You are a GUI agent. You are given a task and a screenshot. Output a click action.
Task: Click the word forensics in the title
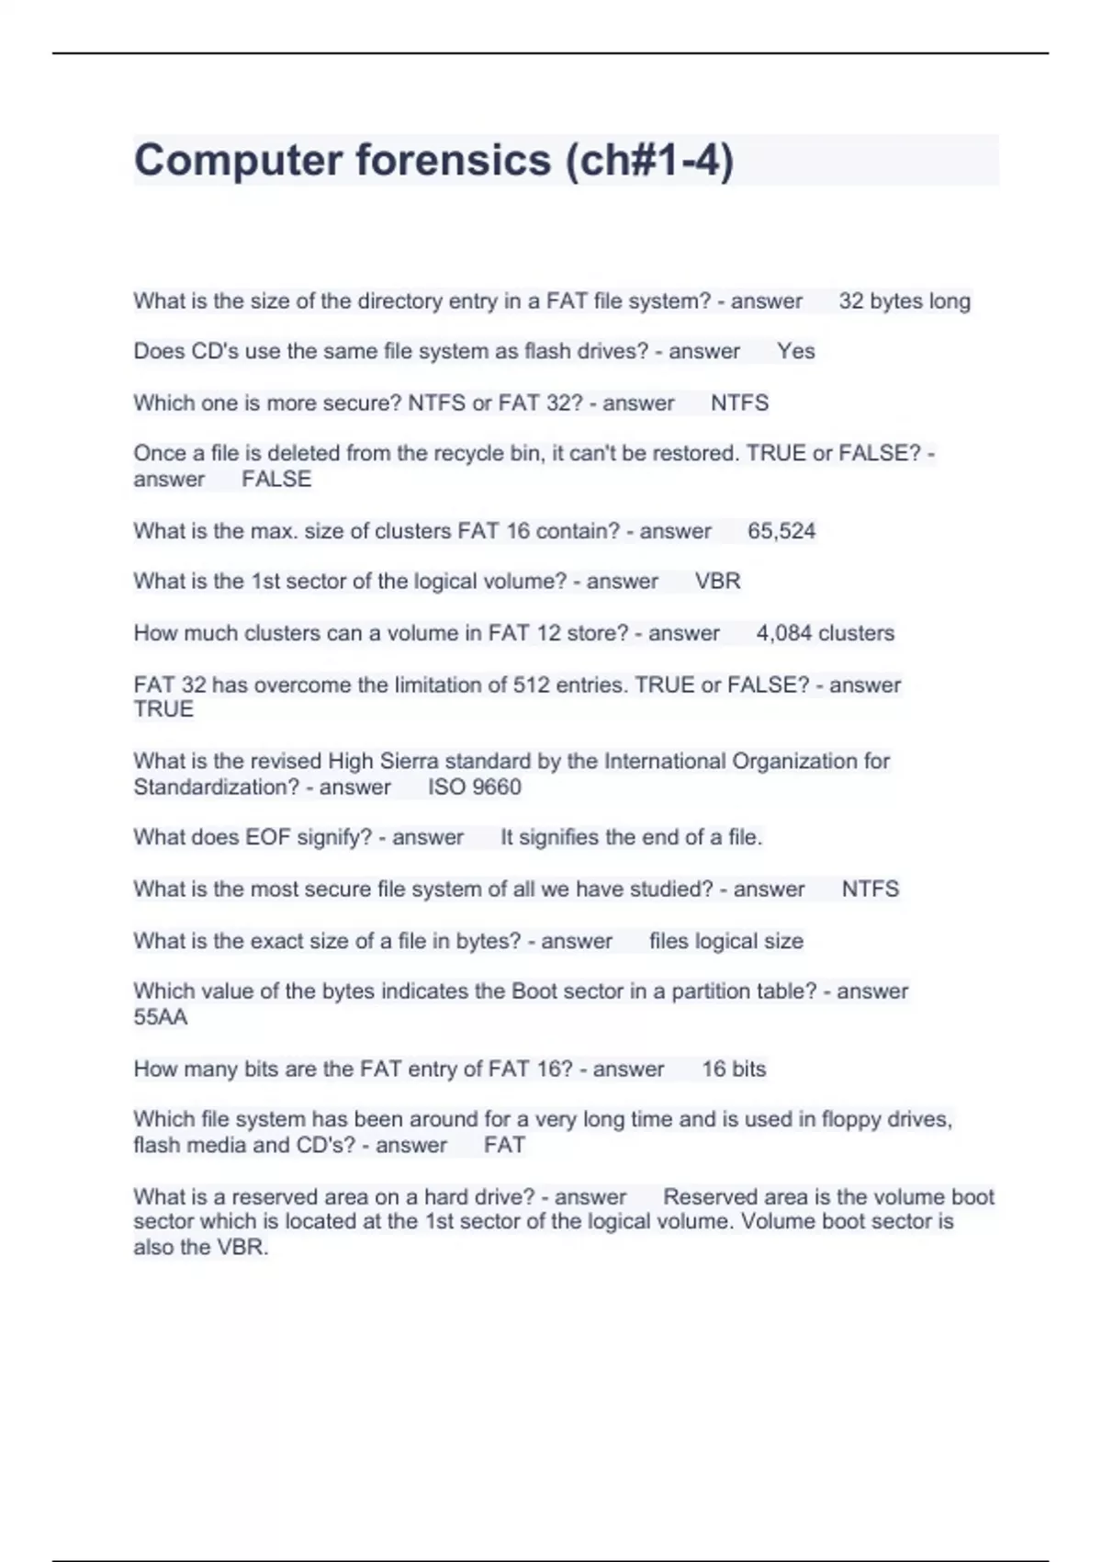453,161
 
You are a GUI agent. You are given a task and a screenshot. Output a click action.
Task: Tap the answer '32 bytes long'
904,301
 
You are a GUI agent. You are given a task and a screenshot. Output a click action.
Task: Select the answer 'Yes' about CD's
795,351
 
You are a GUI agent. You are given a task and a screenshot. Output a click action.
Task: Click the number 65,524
781,531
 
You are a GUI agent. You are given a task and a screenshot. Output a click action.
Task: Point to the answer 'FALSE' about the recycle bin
276,479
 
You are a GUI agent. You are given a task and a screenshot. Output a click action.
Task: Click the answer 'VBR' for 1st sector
717,582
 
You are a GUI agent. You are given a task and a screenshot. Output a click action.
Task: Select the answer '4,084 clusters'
825,633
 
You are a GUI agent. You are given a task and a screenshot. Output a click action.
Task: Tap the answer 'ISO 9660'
474,787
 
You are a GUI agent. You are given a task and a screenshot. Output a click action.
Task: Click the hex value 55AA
161,1017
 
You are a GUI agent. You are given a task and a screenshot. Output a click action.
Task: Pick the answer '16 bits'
734,1069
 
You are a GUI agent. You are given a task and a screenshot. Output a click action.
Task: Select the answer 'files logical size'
725,941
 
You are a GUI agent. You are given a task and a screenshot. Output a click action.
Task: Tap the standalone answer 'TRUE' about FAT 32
163,709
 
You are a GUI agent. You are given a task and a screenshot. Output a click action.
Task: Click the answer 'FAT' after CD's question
504,1146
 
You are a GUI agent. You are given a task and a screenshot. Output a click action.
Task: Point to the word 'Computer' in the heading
238,161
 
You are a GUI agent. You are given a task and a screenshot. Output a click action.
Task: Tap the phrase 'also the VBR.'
201,1248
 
